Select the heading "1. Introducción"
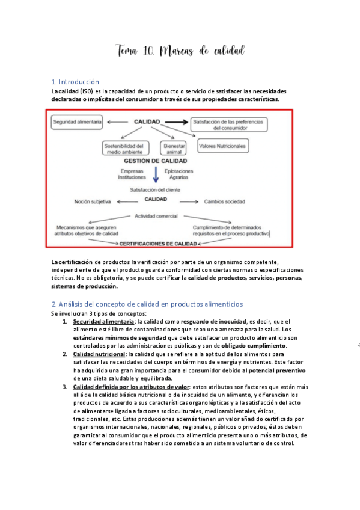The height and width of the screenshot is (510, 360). [x=75, y=81]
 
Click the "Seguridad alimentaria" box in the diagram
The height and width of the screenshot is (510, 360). [x=77, y=122]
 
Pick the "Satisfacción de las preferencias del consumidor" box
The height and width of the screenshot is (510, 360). [x=228, y=125]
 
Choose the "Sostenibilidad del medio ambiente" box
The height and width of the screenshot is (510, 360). [x=124, y=148]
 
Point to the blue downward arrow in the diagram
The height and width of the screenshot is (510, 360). [x=156, y=174]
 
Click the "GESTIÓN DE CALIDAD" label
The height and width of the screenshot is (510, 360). [x=155, y=161]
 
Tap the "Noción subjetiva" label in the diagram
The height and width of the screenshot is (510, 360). [x=93, y=201]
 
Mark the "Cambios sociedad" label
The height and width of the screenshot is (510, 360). [x=225, y=201]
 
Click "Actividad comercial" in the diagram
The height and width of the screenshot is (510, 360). [x=156, y=215]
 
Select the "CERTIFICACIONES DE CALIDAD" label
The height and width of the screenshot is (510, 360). [x=158, y=244]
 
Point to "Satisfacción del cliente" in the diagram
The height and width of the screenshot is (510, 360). [x=155, y=190]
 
